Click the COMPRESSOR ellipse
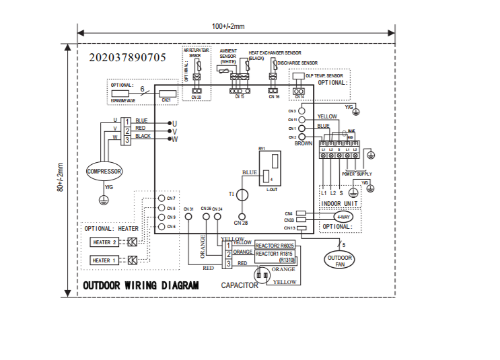pyautogui.click(x=104, y=172)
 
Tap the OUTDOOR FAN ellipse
pyautogui.click(x=339, y=260)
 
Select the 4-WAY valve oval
pyautogui.click(x=343, y=217)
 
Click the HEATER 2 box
pyautogui.click(x=105, y=242)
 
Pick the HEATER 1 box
pyautogui.click(x=105, y=260)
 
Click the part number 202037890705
pyautogui.click(x=127, y=57)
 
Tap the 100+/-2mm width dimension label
pyautogui.click(x=228, y=26)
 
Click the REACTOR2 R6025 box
pyautogui.click(x=275, y=246)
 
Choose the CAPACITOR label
pyautogui.click(x=240, y=286)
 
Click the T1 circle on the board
pyautogui.click(x=243, y=194)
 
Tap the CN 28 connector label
pyautogui.click(x=241, y=223)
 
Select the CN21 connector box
pyautogui.click(x=167, y=95)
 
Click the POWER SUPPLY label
pyautogui.click(x=357, y=174)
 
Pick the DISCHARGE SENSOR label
pyautogui.click(x=297, y=63)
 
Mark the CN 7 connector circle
pyautogui.click(x=162, y=199)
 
